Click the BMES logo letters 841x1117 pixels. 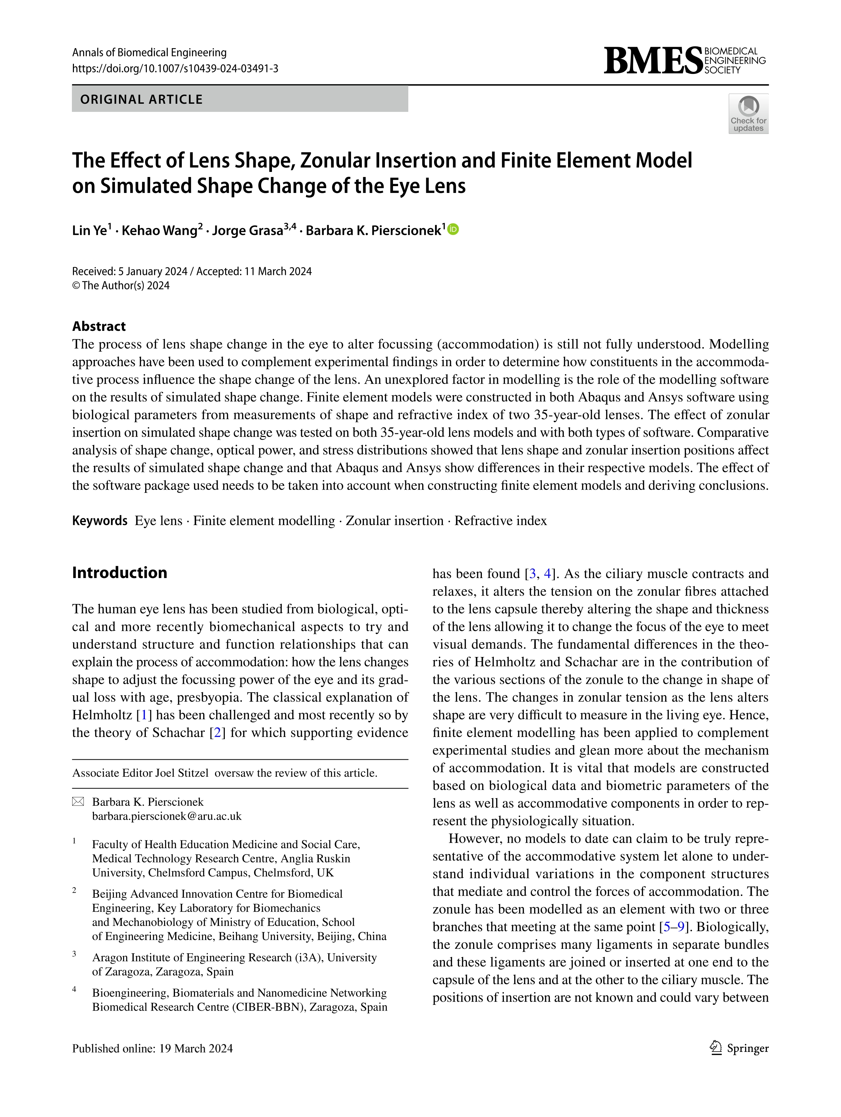[x=652, y=61]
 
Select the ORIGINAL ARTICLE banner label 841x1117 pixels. [x=141, y=99]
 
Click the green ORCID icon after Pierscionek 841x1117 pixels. [x=454, y=230]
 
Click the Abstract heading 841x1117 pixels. [x=99, y=326]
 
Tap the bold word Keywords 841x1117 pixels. [x=99, y=521]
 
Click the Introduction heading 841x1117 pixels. [x=120, y=573]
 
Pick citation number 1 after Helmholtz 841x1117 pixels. [x=144, y=715]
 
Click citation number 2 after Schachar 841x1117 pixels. [x=218, y=733]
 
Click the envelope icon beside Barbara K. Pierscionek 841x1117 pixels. [x=78, y=802]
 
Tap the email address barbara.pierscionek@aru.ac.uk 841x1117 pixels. [x=167, y=816]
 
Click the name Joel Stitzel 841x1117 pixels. [x=181, y=773]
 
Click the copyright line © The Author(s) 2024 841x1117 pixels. [x=121, y=285]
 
